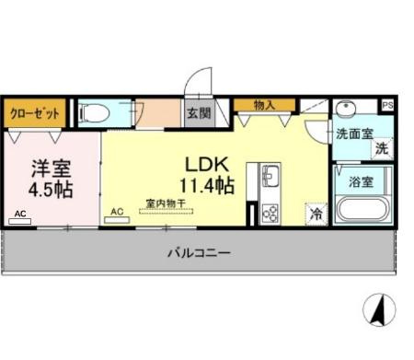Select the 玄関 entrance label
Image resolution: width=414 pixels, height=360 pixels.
pos(199,113)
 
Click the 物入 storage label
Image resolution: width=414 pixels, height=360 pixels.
pos(264,105)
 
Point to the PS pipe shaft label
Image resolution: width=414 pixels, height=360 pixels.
pos(387,106)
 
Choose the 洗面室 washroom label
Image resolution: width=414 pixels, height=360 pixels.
pos(353,134)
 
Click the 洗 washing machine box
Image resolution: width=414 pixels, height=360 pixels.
pos(381,149)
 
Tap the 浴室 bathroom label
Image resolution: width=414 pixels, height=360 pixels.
pos(360,181)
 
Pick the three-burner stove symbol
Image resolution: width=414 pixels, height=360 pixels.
pos(270,213)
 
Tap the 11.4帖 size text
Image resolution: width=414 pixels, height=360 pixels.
pos(208,184)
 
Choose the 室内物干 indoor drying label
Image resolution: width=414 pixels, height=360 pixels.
pos(165,203)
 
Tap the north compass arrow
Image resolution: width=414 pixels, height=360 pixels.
pos(375,309)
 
